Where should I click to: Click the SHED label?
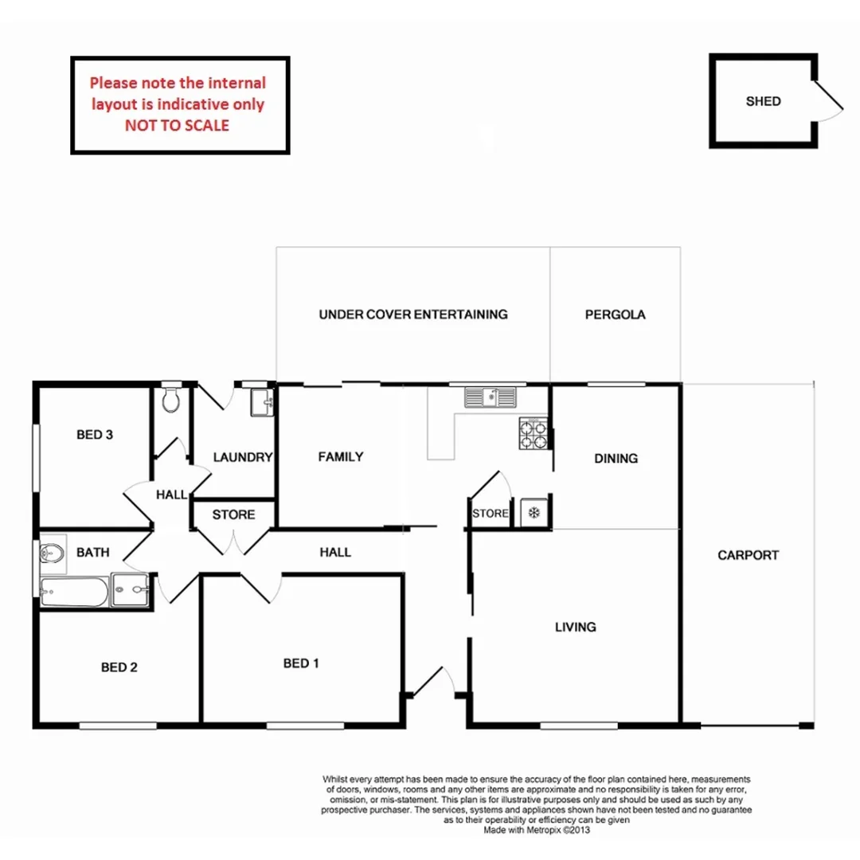pyautogui.click(x=763, y=101)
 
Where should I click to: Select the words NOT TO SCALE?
pyautogui.click(x=177, y=125)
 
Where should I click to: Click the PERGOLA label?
pyautogui.click(x=615, y=314)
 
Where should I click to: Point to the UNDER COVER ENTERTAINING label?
pyautogui.click(x=412, y=314)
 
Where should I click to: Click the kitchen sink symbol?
pyautogui.click(x=491, y=395)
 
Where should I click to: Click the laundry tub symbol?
pyautogui.click(x=261, y=403)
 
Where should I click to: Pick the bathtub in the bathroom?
pyautogui.click(x=73, y=591)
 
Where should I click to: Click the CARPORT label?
pyautogui.click(x=748, y=555)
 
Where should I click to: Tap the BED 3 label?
pyautogui.click(x=95, y=435)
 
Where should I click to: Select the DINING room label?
pyautogui.click(x=616, y=458)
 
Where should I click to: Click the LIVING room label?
pyautogui.click(x=575, y=627)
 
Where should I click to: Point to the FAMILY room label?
pyautogui.click(x=340, y=456)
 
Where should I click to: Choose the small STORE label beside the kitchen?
pyautogui.click(x=490, y=514)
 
